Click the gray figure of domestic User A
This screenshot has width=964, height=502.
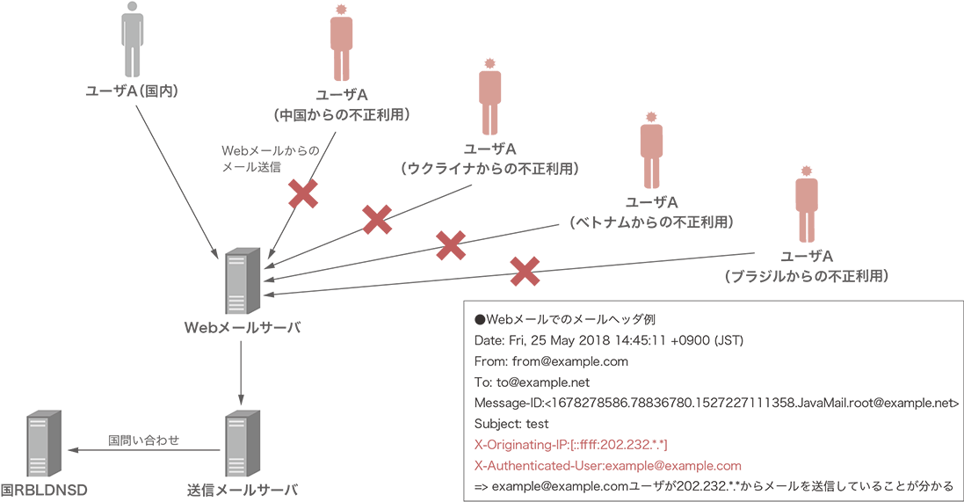point(132,40)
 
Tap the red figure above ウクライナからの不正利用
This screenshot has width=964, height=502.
point(489,97)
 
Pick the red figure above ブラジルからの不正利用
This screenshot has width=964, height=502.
point(806,203)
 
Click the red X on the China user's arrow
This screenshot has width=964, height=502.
point(303,193)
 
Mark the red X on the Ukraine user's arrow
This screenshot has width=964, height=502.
point(377,220)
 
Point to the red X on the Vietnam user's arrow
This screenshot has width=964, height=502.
point(451,245)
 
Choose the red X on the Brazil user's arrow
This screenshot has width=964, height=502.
point(525,272)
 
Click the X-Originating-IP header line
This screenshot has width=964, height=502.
point(576,445)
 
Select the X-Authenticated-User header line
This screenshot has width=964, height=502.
point(607,466)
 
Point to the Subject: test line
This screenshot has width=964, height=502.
point(511,424)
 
